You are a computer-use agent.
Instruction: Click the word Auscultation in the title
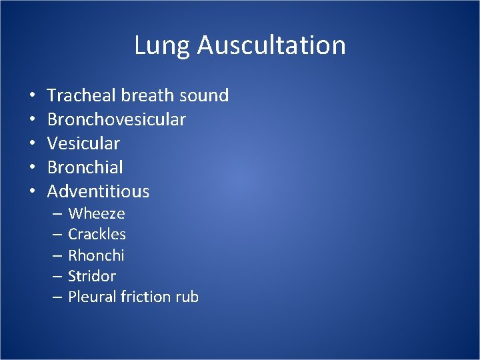coord(271,46)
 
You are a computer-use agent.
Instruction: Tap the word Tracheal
coord(81,96)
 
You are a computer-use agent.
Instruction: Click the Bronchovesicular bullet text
coord(117,120)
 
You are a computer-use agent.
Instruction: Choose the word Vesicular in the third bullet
coord(83,144)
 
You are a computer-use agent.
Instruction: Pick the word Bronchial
coord(85,168)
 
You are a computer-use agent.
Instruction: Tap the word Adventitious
coord(99,192)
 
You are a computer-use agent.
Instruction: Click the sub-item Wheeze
coord(97,214)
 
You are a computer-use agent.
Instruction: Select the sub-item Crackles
coord(97,235)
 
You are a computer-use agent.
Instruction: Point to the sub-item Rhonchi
coord(96,255)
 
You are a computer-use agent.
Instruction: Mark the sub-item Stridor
coord(92,276)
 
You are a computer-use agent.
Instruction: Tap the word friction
coord(145,297)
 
